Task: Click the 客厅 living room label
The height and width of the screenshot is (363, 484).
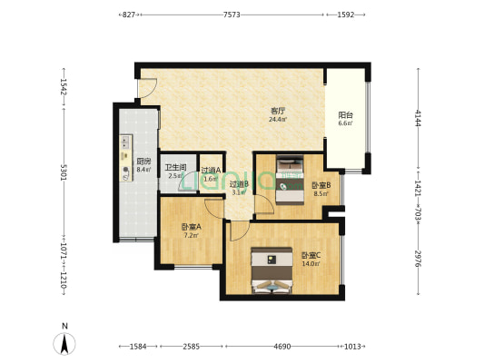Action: (278, 111)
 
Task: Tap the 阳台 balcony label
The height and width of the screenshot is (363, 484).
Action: (345, 115)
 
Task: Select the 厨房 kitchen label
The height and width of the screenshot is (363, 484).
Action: (143, 162)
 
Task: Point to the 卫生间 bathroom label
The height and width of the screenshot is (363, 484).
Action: (175, 168)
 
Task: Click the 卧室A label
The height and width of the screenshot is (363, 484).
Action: (191, 227)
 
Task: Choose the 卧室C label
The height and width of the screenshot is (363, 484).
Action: (311, 255)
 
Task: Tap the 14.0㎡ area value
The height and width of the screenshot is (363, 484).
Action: (311, 264)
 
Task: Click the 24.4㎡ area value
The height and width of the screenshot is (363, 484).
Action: (278, 120)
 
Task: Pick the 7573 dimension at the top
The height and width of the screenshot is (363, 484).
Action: (232, 15)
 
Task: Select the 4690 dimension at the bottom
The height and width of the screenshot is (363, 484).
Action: (282, 347)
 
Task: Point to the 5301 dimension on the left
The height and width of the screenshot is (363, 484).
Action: (64, 172)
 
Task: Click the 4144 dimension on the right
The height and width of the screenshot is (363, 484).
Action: (418, 118)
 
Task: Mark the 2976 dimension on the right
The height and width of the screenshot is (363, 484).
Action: (418, 259)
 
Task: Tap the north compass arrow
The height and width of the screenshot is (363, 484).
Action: (64, 344)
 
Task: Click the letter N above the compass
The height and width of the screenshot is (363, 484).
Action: (64, 326)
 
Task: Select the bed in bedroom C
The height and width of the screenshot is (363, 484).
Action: (272, 270)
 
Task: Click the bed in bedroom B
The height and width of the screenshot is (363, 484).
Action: (290, 179)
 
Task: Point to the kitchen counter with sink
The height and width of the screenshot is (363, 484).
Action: (126, 158)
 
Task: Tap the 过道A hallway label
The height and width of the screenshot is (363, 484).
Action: (211, 170)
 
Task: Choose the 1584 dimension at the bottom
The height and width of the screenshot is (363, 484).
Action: (138, 347)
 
